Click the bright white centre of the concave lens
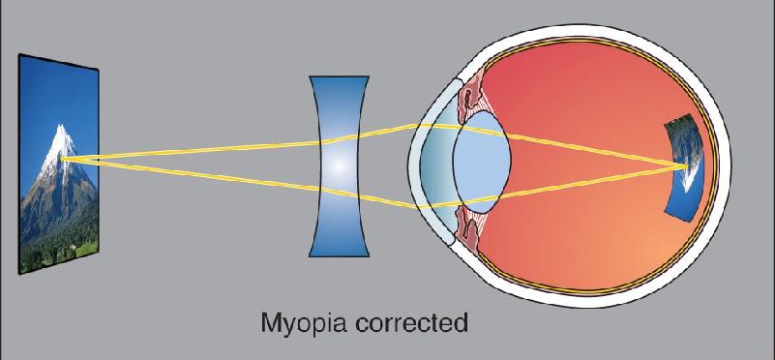pos(338,166)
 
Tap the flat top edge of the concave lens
pos(339,76)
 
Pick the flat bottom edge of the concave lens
pos(339,255)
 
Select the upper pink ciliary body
pos(469,97)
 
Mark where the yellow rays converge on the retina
pos(686,166)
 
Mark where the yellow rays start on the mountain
pos(63,159)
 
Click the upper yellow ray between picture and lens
pos(193,150)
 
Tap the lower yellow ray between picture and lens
pos(193,174)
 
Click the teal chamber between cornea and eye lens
pos(437,164)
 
